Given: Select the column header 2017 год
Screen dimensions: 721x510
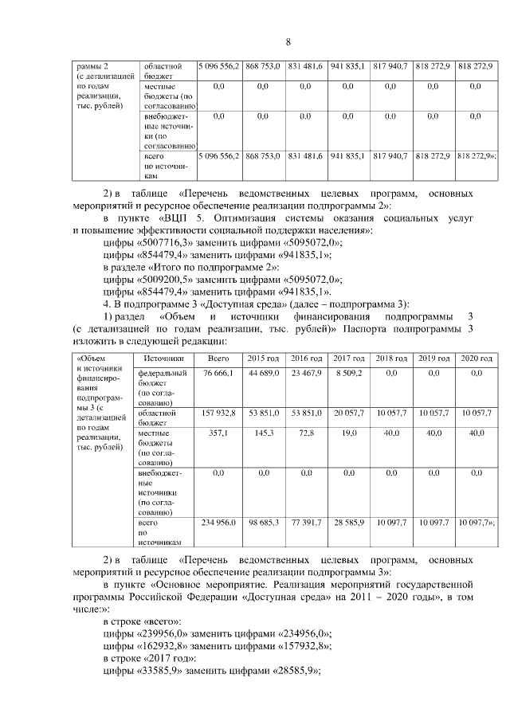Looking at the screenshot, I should tap(347, 359).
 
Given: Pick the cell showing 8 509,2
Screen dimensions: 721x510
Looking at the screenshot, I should tap(347, 373).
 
